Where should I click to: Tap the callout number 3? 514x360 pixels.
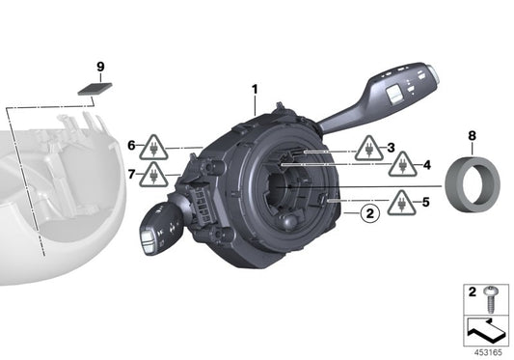click(x=392, y=148)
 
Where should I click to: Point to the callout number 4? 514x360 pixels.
click(x=426, y=165)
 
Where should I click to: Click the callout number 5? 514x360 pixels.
click(x=425, y=203)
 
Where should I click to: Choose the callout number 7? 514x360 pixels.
click(x=131, y=174)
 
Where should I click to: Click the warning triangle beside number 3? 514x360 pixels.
click(x=367, y=151)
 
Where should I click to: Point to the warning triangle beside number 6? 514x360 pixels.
click(x=152, y=149)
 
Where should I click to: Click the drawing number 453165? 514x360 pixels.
click(x=489, y=351)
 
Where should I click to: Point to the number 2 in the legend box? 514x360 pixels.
click(x=473, y=291)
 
